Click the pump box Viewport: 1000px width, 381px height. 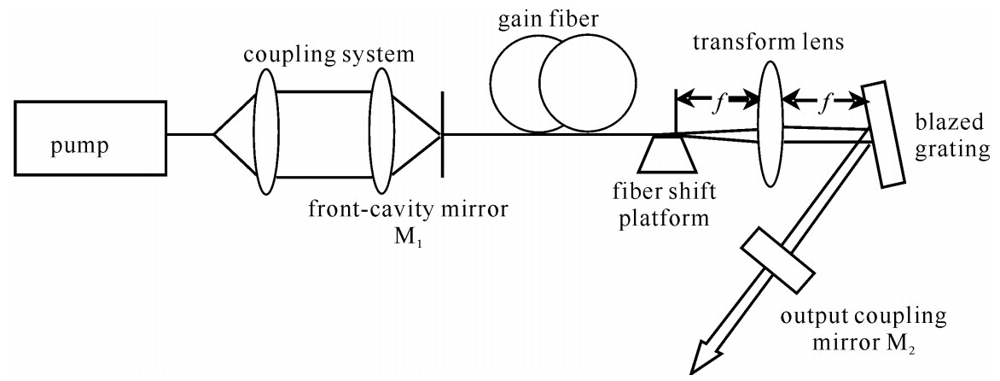point(90,135)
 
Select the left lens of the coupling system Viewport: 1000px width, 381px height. point(265,134)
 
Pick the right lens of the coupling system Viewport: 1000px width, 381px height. point(381,134)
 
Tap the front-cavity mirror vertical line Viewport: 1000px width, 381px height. point(442,134)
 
